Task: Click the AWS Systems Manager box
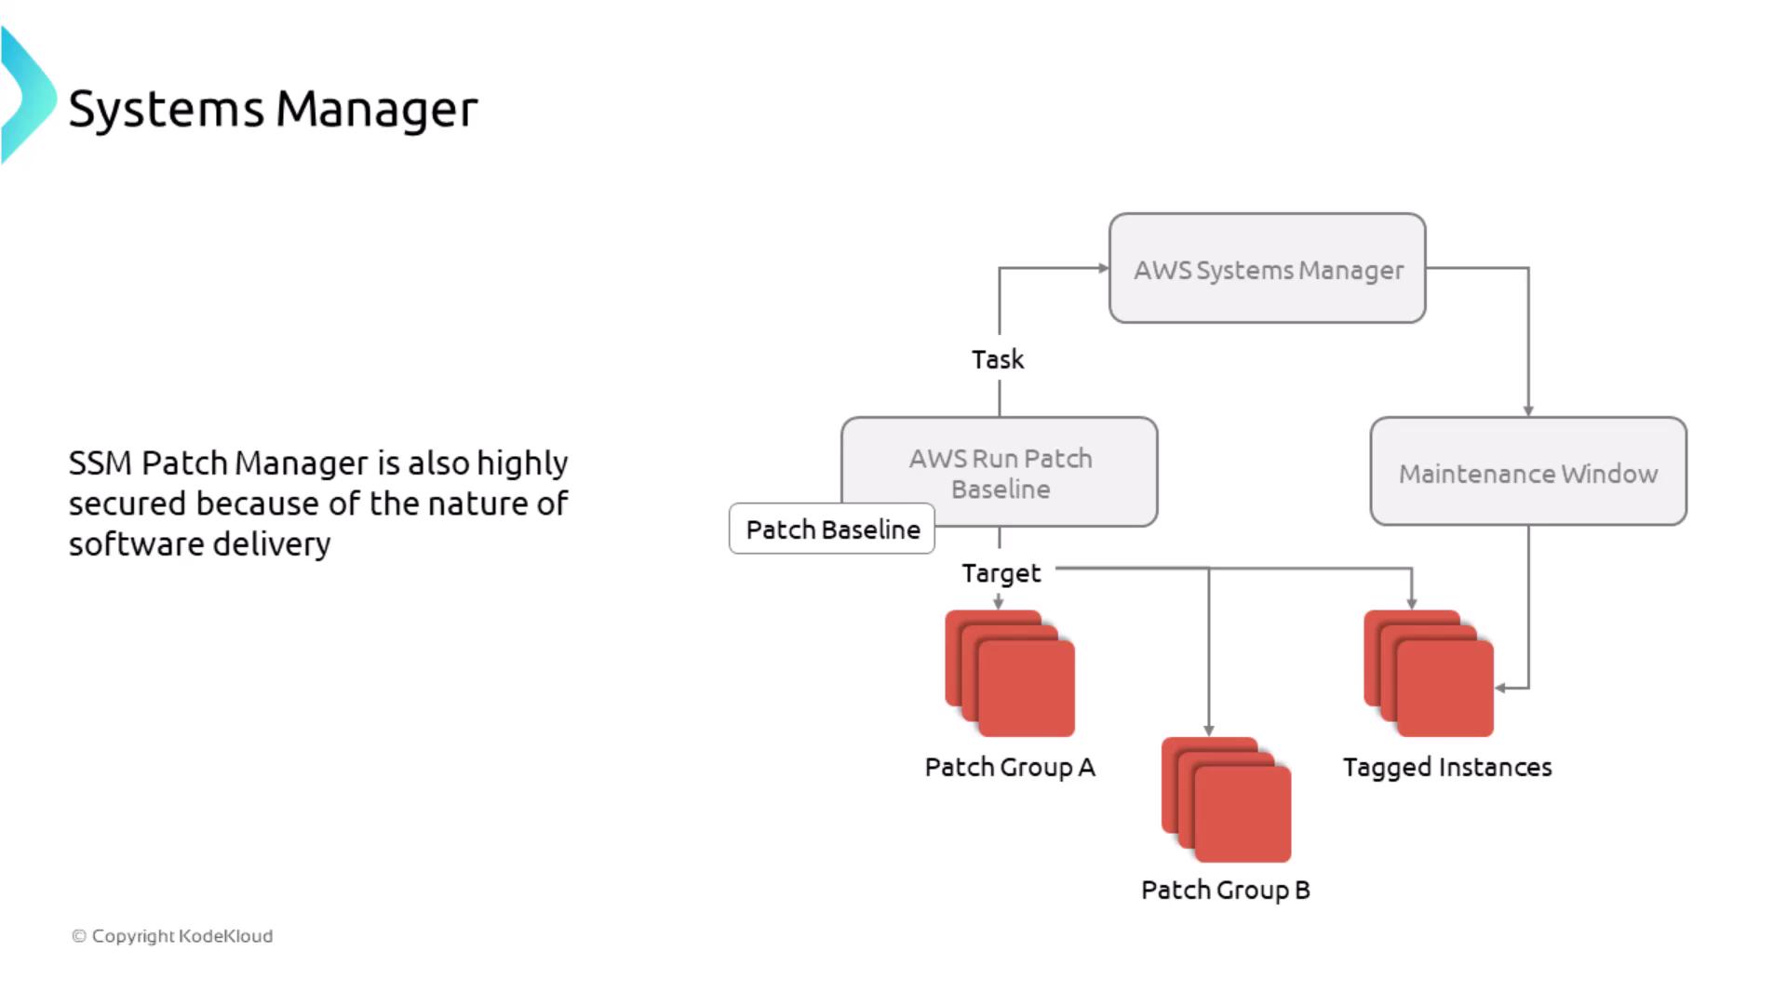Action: [x=1267, y=269]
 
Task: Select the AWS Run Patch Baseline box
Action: [x=1001, y=473]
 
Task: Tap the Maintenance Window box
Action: [x=1527, y=473]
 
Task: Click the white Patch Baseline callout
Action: [x=832, y=529]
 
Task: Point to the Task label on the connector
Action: [x=998, y=359]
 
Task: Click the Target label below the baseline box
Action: [x=1001, y=573]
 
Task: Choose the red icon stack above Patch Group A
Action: [x=1010, y=673]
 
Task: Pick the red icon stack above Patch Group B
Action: [x=1226, y=799]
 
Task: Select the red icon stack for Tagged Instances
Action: [x=1429, y=673]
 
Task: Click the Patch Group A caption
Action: [x=1010, y=768]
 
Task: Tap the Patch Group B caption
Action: [x=1225, y=891]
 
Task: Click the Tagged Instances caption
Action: [x=1447, y=768]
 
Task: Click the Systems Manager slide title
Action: [x=273, y=109]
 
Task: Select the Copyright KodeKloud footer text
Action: [x=173, y=936]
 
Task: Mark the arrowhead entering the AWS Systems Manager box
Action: [x=1104, y=268]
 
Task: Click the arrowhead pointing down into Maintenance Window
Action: [x=1528, y=410]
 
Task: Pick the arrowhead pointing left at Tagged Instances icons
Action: [x=1500, y=689]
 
